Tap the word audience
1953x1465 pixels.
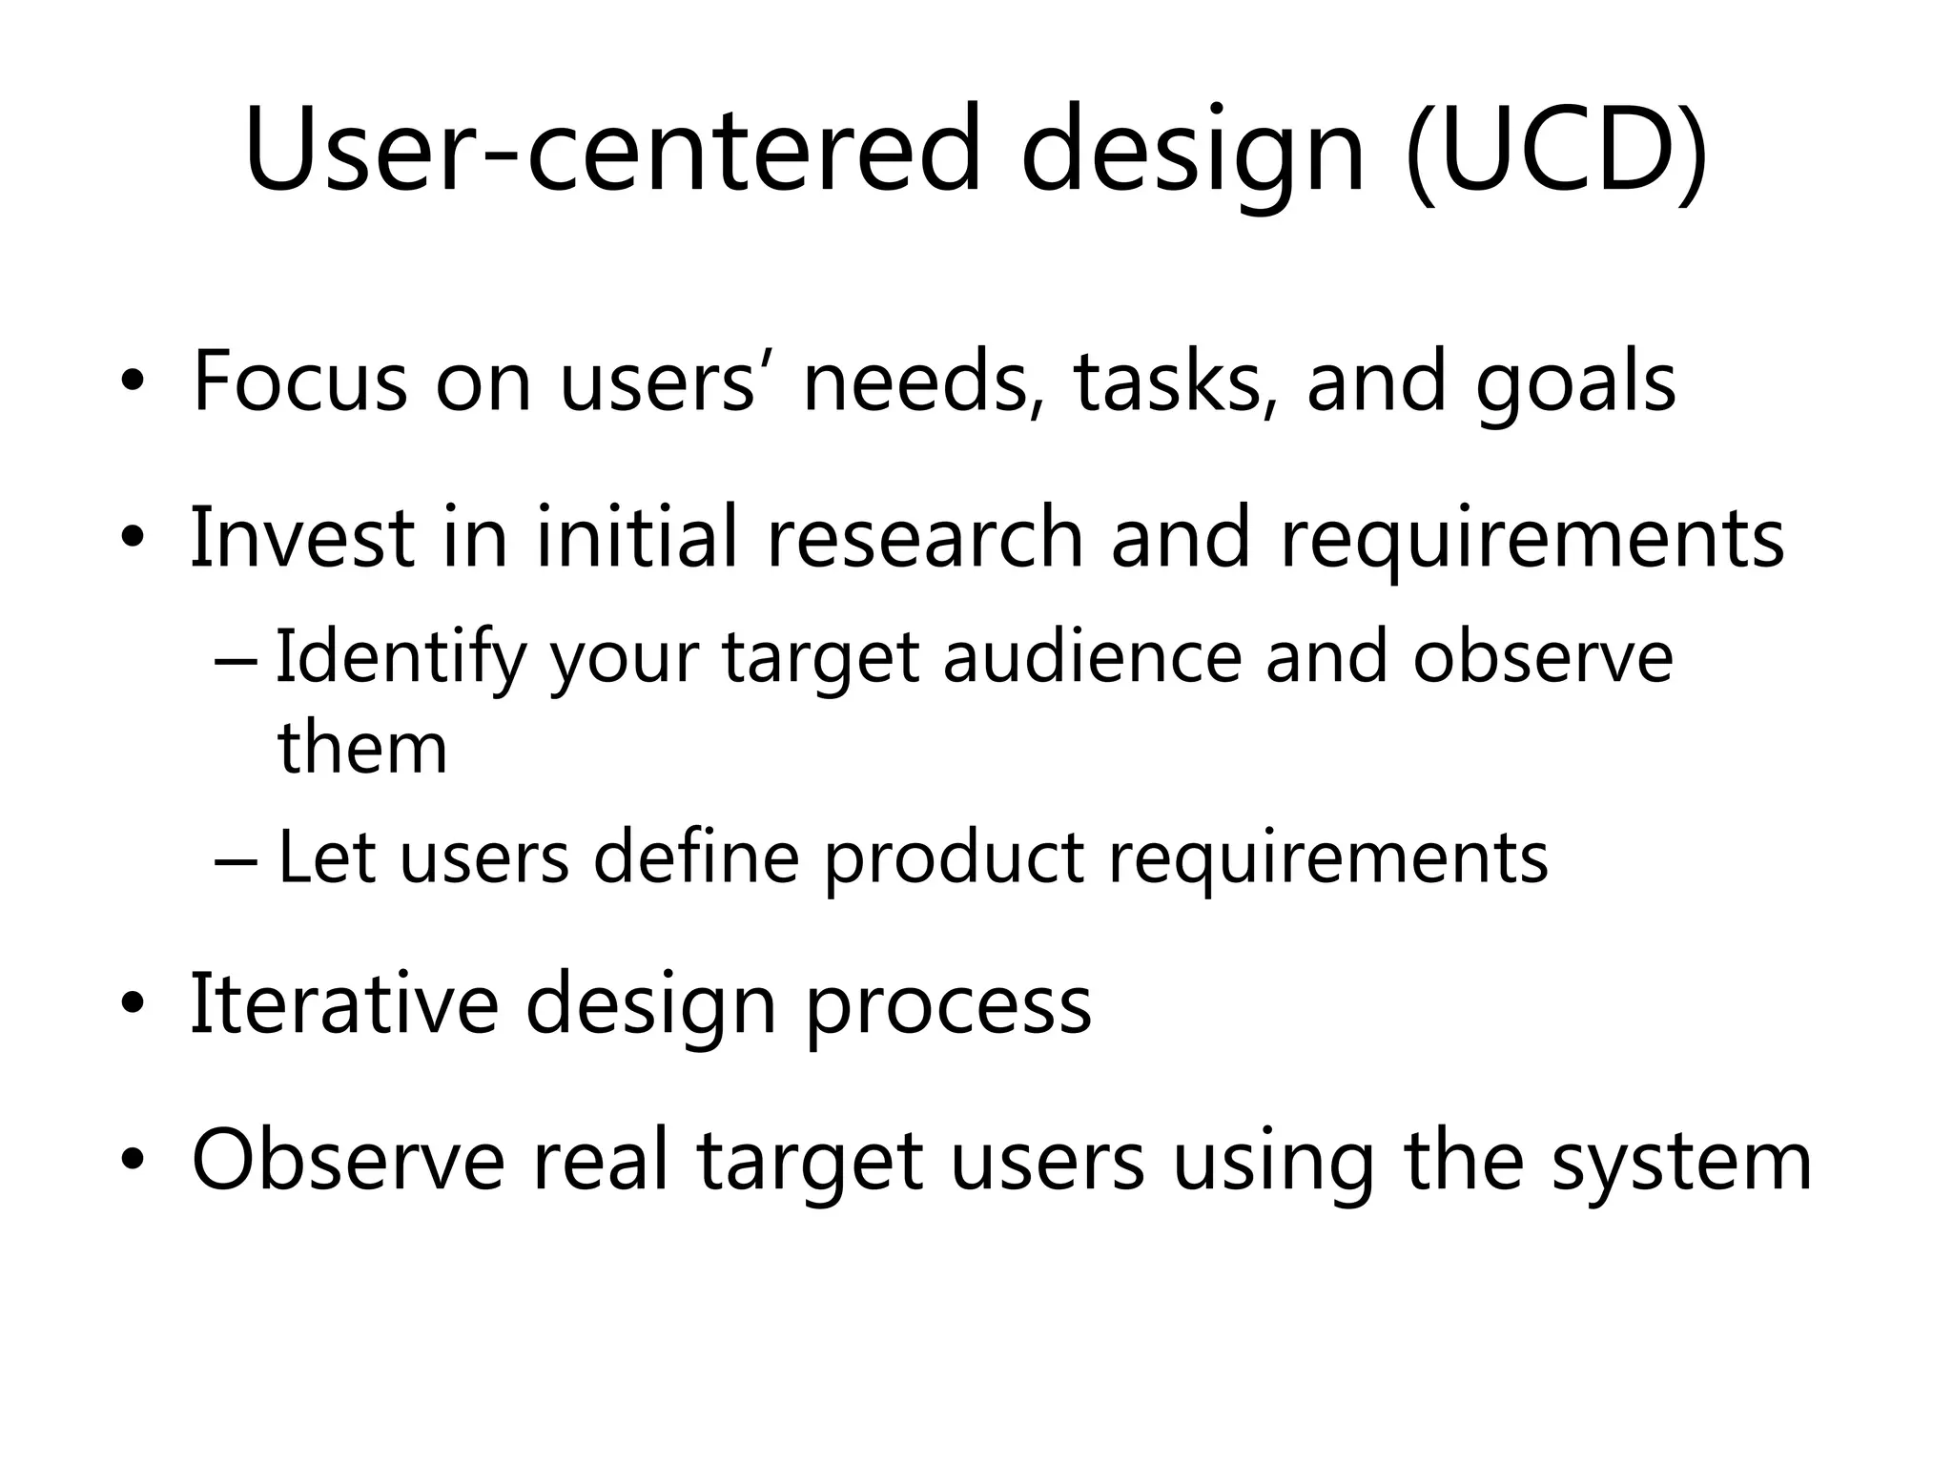tap(1092, 658)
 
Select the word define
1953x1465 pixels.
tap(696, 856)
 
